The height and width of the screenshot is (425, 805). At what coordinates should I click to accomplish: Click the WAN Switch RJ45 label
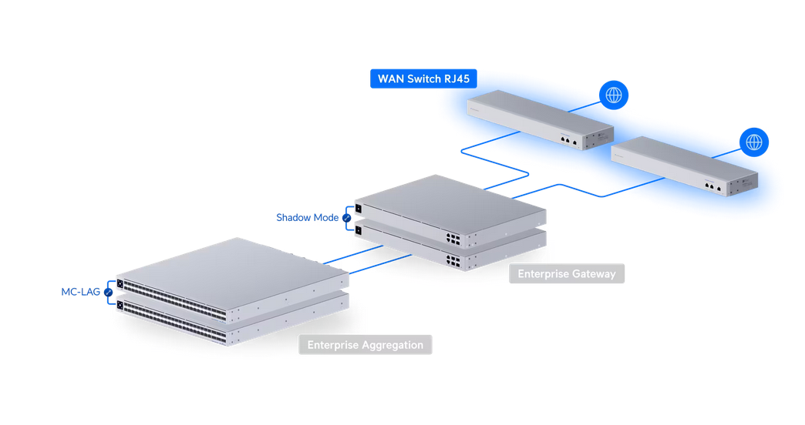point(423,79)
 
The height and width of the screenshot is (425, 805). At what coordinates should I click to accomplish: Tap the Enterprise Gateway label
point(567,273)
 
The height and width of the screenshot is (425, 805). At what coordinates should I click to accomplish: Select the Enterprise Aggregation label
point(365,345)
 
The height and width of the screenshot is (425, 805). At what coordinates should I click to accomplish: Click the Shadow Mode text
point(307,218)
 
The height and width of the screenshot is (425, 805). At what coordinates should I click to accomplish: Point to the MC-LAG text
point(81,293)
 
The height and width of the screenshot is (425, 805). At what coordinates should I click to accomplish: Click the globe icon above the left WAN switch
point(614,95)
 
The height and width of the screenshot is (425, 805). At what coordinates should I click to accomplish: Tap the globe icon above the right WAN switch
point(754,142)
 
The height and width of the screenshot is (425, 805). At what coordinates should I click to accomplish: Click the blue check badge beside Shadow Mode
point(347,218)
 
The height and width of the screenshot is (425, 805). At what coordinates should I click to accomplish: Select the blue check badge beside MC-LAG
point(109,293)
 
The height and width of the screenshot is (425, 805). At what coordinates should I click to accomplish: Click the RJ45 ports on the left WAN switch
point(568,141)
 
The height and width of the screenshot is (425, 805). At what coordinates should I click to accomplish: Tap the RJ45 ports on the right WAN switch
point(712,186)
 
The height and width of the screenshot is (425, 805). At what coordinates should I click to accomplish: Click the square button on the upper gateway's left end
point(359,208)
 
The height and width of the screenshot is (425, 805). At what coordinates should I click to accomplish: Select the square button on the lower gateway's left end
point(359,230)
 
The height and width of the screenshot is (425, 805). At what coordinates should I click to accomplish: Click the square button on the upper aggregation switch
point(120,283)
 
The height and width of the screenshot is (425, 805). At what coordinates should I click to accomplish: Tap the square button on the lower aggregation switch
point(120,306)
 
